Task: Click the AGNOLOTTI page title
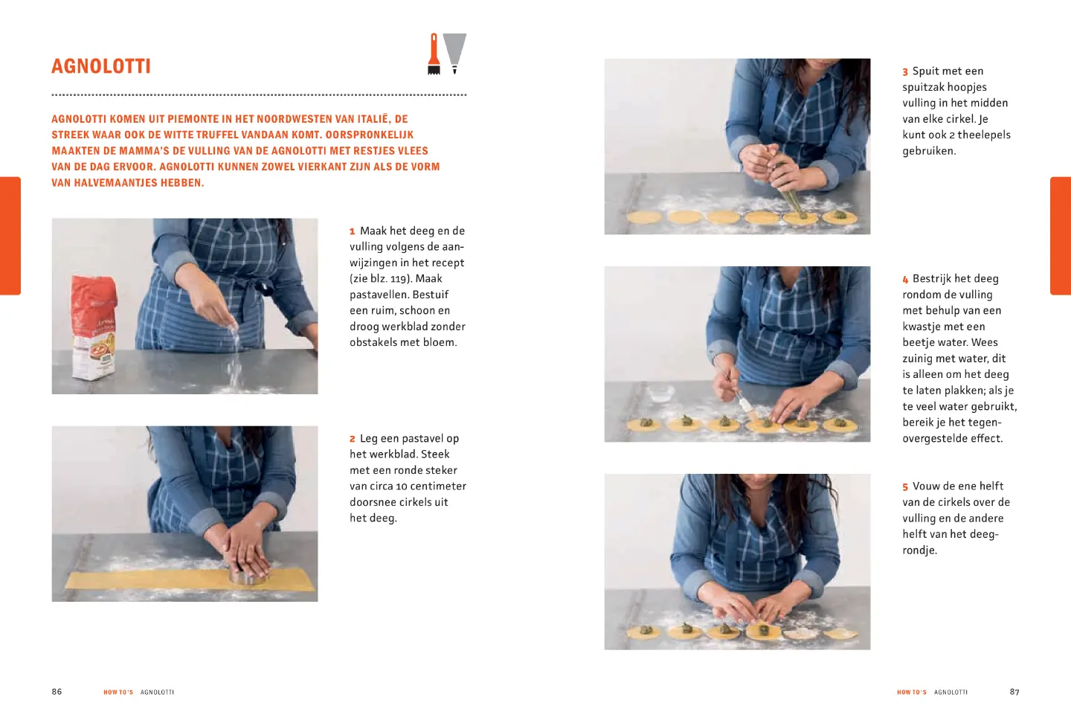pos(101,66)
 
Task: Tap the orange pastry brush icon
pos(434,54)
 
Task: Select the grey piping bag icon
pos(454,54)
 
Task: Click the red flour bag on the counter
pos(94,327)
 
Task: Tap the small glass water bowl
pos(660,393)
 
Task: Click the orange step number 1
pos(353,231)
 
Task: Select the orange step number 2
pos(353,439)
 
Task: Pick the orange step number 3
pos(905,71)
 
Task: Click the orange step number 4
pos(905,279)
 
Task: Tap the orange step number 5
pos(905,487)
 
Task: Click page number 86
pos(57,692)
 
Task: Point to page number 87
pos(1014,692)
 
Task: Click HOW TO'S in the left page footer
pos(118,692)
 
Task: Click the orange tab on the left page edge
pos(10,236)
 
